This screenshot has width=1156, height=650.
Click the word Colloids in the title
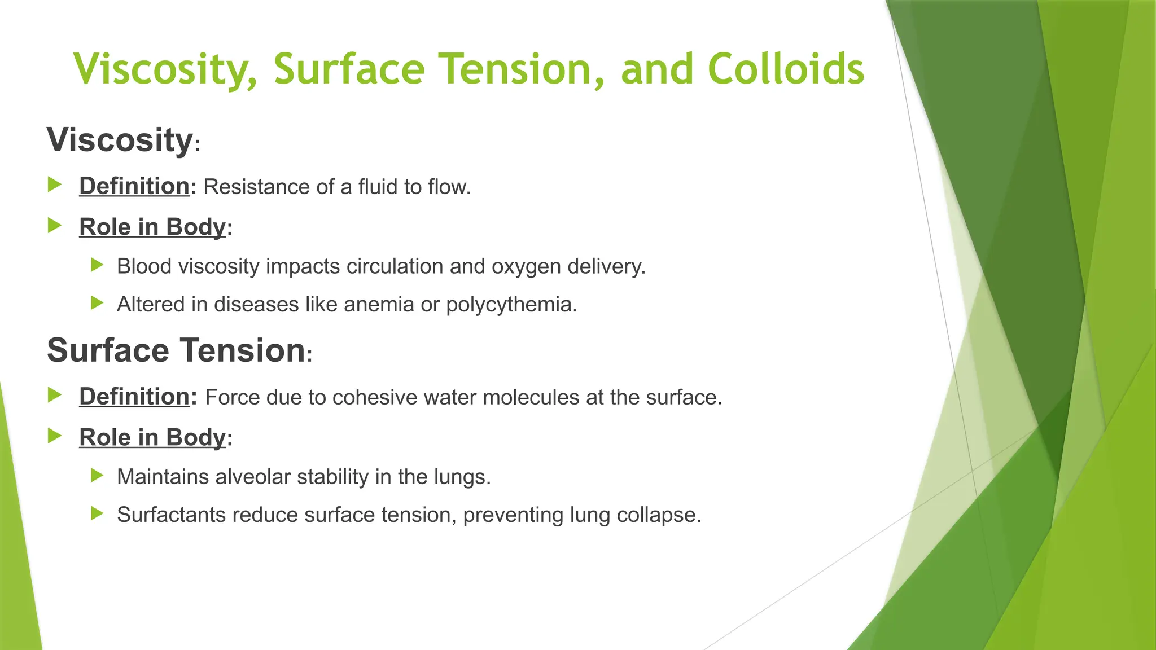(785, 69)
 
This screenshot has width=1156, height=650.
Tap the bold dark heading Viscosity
(120, 139)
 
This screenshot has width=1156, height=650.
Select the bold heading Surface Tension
(176, 350)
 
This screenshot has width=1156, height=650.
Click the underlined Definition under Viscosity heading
(134, 186)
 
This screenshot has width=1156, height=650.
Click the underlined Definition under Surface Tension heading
(134, 397)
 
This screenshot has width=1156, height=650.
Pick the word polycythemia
(511, 305)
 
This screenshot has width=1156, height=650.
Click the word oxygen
(526, 267)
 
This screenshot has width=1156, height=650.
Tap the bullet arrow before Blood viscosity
(97, 265)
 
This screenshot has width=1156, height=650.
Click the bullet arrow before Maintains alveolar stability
(97, 476)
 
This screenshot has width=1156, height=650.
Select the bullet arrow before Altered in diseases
(97, 304)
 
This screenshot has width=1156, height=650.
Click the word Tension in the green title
(523, 69)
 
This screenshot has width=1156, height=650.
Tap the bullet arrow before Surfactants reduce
(97, 513)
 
